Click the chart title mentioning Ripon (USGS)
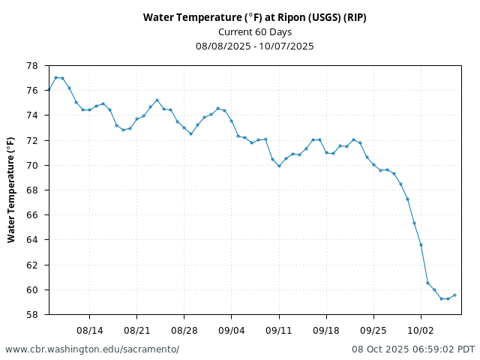[x=254, y=17]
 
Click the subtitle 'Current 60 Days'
[x=254, y=31]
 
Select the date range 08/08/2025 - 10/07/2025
[x=254, y=46]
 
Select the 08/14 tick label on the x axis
[x=89, y=330]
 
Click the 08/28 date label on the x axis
[x=184, y=330]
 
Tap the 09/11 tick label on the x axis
[x=279, y=330]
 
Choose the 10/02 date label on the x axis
[x=421, y=330]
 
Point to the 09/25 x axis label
[x=373, y=330]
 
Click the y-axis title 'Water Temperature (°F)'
[x=11, y=190]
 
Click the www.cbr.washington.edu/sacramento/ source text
[x=92, y=349]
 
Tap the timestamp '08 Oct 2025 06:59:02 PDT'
[x=413, y=349]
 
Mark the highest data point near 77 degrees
[x=55, y=77]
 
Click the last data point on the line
[x=454, y=295]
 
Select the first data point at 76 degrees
[x=49, y=90]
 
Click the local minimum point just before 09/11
[x=279, y=166]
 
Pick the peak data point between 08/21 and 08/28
[x=157, y=100]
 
